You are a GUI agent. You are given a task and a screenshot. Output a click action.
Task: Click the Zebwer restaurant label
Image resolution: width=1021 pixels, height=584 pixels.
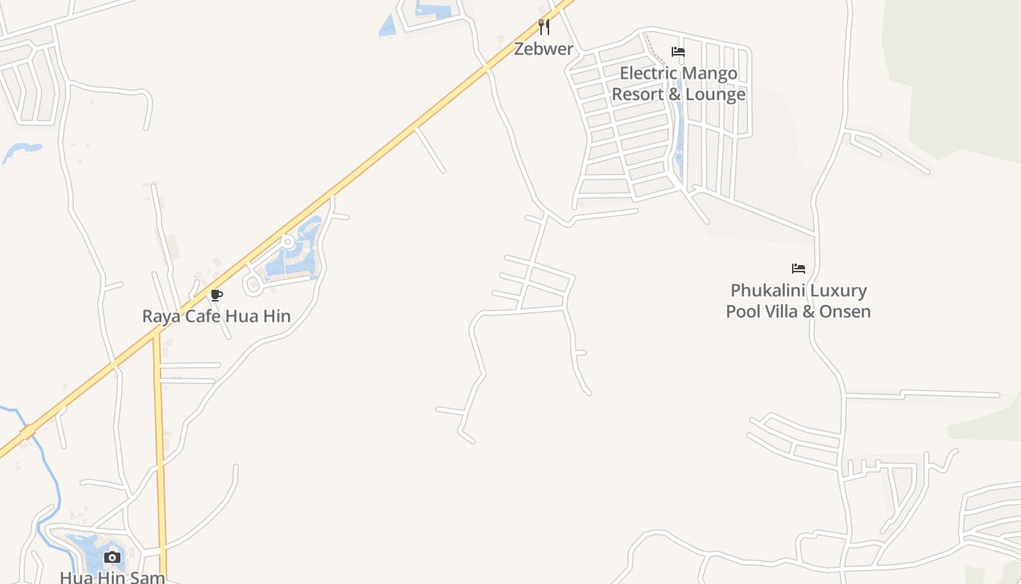tap(543, 49)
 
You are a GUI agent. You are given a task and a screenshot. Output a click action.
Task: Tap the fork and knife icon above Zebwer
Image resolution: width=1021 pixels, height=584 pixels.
tap(543, 27)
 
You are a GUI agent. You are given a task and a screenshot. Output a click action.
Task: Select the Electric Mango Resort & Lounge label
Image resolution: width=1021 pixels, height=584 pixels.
tap(678, 83)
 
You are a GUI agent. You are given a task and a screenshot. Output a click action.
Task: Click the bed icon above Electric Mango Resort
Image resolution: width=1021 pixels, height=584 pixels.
tap(678, 52)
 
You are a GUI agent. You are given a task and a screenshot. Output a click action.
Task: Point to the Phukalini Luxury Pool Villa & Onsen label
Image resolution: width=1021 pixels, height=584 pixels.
tap(798, 301)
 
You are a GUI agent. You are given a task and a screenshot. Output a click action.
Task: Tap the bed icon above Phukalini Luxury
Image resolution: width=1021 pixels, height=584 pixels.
tap(799, 269)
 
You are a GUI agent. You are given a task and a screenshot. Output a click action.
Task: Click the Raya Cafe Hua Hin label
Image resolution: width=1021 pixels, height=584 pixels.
tap(216, 316)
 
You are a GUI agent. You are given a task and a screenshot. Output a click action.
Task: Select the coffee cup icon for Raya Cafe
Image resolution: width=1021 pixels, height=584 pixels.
tap(216, 295)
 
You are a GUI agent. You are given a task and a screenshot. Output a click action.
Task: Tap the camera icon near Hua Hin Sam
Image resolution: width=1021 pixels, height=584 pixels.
tap(112, 558)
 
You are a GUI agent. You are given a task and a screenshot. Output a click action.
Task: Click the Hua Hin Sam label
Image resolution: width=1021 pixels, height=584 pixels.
tap(112, 577)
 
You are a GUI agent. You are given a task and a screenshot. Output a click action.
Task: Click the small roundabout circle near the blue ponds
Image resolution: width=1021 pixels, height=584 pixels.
tap(288, 241)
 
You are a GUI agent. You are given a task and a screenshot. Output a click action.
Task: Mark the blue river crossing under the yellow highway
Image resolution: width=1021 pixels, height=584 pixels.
tap(26, 432)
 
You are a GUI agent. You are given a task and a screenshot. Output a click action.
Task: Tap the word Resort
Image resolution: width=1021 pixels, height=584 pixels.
tap(636, 94)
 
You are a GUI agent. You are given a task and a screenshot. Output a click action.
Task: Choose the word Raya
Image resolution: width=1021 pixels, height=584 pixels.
tap(160, 316)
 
